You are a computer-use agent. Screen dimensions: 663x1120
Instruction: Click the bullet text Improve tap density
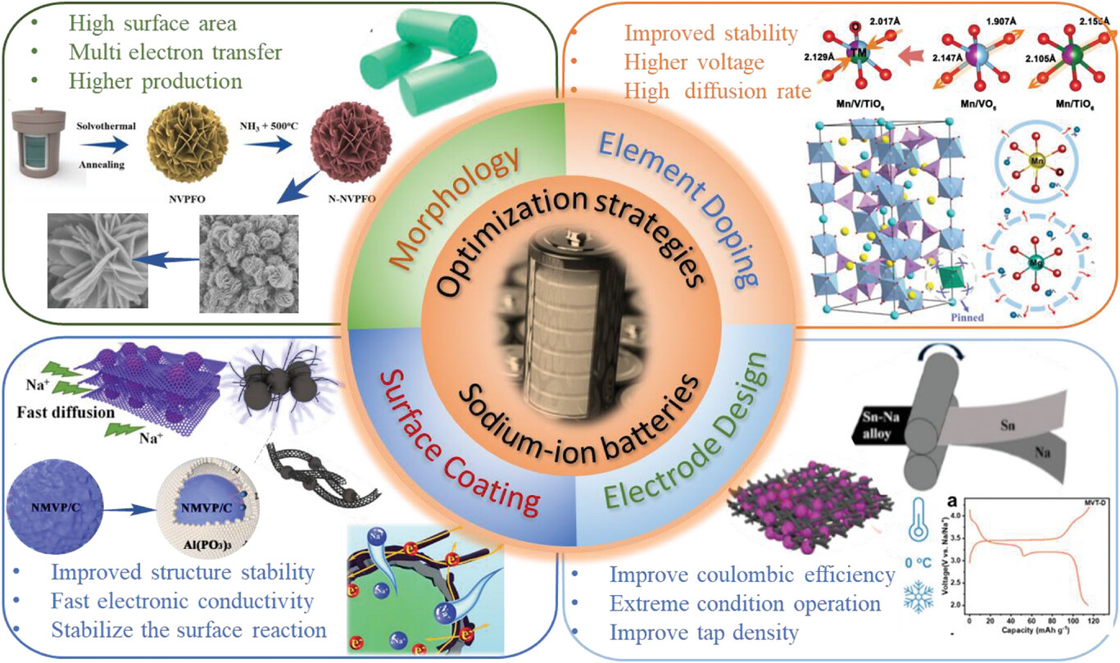pyautogui.click(x=704, y=633)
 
